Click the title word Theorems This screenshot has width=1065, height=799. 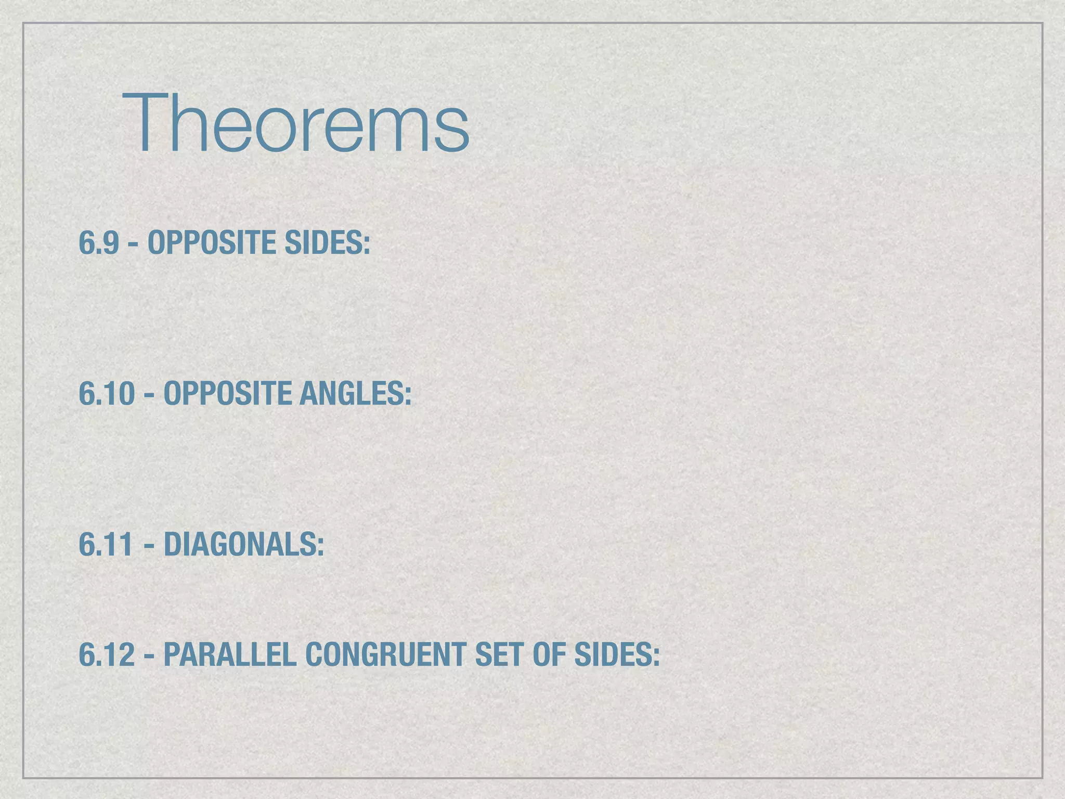point(295,124)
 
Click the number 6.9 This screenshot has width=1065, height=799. point(99,243)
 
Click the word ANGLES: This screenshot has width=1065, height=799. point(355,394)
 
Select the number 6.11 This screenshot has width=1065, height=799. point(106,545)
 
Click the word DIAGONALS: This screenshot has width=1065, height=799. point(244,545)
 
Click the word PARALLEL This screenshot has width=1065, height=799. point(230,654)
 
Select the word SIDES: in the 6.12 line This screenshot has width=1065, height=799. point(617,654)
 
